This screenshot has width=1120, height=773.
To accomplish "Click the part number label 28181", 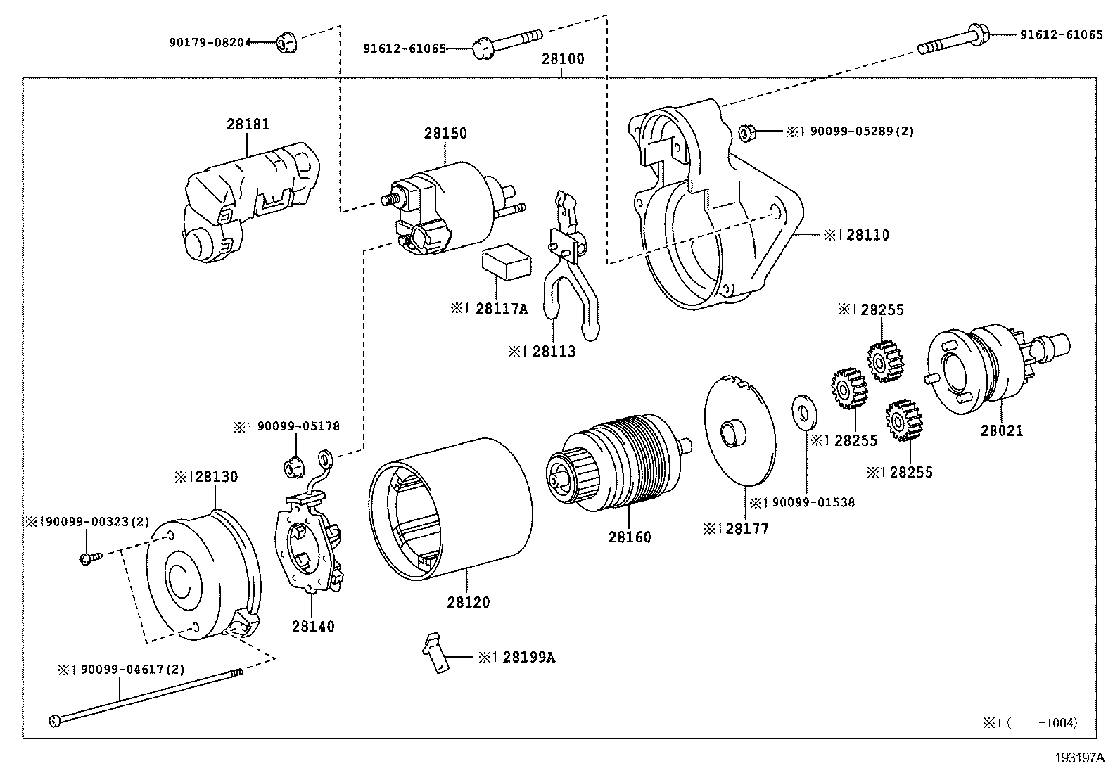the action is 248,124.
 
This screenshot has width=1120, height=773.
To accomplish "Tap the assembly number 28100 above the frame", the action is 563,59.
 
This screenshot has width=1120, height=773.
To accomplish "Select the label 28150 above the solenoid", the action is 445,133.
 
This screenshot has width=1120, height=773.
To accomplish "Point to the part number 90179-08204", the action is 210,43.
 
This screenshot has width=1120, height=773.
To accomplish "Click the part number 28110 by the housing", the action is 868,235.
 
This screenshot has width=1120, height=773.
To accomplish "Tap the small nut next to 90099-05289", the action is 747,132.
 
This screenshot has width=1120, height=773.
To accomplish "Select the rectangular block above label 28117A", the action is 506,262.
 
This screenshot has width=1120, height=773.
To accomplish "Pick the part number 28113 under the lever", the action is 554,351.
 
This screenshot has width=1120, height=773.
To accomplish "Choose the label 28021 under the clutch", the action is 1002,430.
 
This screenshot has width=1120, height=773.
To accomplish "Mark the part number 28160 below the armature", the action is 630,537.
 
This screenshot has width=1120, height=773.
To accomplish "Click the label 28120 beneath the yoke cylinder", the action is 468,602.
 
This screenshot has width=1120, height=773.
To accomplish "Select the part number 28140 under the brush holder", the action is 313,626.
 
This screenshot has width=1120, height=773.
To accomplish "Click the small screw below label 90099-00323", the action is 91,558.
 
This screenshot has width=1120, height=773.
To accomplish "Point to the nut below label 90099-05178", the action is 295,468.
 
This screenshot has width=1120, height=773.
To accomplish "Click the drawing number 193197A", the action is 1080,758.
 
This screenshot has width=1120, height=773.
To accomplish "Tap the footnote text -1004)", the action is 1058,722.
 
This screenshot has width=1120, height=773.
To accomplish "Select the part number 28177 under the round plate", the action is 747,528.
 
